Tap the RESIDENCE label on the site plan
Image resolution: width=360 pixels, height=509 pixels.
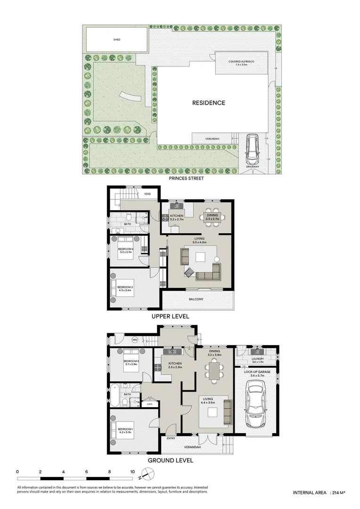[x=208, y=103]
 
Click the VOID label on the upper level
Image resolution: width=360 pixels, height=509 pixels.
[x=147, y=194]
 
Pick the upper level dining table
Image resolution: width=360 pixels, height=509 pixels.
[x=214, y=217]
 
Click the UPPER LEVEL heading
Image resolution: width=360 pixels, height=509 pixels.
[x=171, y=316]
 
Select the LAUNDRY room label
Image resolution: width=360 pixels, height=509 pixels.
[x=257, y=359]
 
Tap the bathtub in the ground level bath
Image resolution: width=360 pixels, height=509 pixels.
[x=115, y=395]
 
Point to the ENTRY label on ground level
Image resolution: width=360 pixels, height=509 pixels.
[x=171, y=438]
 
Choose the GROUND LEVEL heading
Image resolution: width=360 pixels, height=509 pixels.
[x=171, y=460]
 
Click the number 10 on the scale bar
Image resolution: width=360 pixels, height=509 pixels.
[x=132, y=471]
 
